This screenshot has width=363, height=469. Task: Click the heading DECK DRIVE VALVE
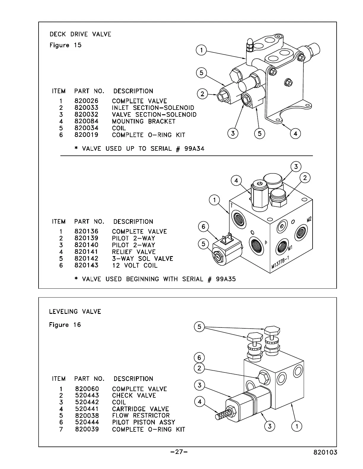coord(80,34)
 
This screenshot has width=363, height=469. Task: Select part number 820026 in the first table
coord(86,101)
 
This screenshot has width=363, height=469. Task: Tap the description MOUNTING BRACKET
coord(144,121)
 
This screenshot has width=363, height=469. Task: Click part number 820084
coord(86,121)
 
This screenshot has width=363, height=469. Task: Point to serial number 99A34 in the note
coord(194,149)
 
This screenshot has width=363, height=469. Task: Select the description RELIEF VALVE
coord(134,252)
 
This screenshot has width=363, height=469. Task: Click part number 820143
coord(86,265)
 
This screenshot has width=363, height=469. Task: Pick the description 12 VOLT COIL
coord(135,266)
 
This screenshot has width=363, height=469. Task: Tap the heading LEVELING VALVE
coord(75,311)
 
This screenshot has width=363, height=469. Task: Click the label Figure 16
coord(65,325)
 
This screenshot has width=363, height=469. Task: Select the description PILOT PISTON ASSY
coord(144,422)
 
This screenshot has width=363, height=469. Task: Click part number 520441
coord(87,409)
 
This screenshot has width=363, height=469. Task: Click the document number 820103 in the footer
coord(325,452)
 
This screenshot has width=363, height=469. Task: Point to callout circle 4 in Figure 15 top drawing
coord(295,134)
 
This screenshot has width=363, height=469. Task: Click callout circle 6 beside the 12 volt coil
coord(203,227)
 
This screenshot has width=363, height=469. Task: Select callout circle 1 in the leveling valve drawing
coord(297,426)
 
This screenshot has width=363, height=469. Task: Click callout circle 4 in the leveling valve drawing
coord(200,402)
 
